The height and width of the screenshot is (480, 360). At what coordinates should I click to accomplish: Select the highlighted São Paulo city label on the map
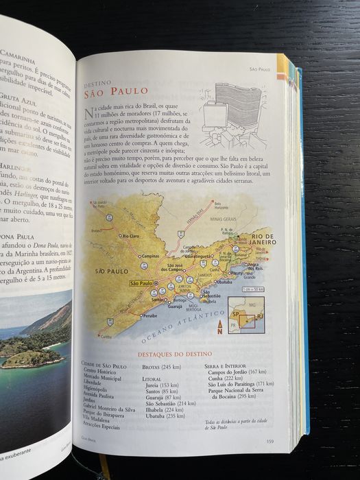click(x=141, y=283)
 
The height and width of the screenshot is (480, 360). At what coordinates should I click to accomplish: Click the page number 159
click(x=269, y=441)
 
